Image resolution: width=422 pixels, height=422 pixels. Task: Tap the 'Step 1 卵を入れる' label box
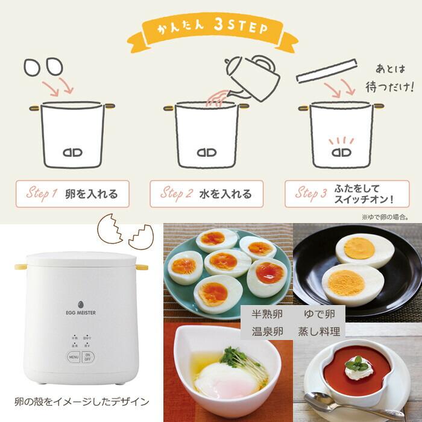[x=72, y=194]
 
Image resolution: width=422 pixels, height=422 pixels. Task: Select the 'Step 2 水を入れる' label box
[x=207, y=194]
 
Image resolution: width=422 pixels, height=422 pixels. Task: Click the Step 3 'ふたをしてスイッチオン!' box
[x=342, y=194]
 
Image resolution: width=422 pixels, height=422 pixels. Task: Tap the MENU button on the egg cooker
[x=73, y=356]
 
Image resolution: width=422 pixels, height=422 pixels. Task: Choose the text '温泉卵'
[x=266, y=331]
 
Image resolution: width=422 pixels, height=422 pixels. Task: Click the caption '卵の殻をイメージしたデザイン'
[x=81, y=401]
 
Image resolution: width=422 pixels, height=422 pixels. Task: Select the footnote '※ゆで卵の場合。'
[x=385, y=215]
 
